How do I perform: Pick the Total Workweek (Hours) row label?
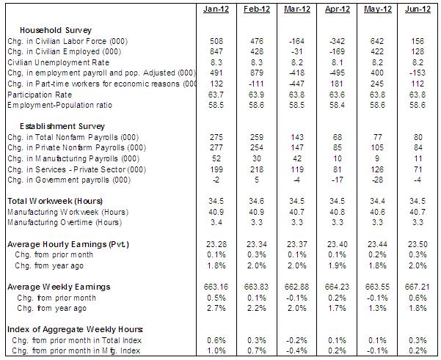(x=54, y=201)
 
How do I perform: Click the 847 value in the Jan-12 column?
(x=216, y=52)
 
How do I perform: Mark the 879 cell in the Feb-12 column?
(x=256, y=73)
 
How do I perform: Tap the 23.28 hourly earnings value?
(x=216, y=243)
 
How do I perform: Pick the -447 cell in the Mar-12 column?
(x=297, y=84)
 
